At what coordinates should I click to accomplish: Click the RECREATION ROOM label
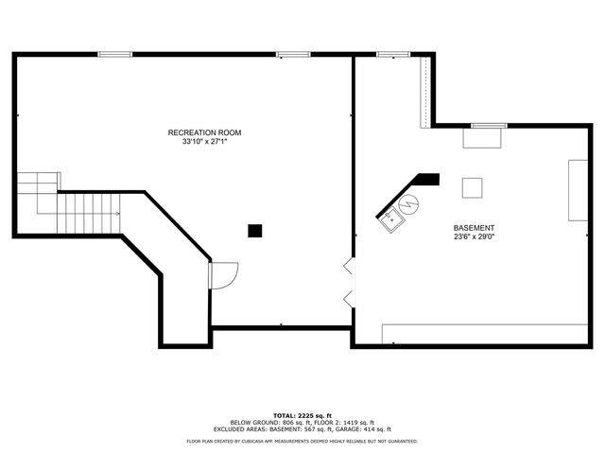(205, 131)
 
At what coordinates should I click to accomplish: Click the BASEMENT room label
(474, 228)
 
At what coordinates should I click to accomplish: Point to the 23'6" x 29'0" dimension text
(474, 237)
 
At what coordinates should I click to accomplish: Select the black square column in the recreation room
(254, 230)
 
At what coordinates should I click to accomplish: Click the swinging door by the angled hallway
(223, 275)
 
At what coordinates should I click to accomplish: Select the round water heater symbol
(408, 202)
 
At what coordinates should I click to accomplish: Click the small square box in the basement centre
(472, 187)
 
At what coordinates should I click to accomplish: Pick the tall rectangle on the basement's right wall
(578, 190)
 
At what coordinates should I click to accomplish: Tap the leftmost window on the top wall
(115, 54)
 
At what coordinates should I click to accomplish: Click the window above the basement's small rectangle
(489, 125)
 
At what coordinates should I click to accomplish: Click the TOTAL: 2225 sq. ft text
(302, 415)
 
